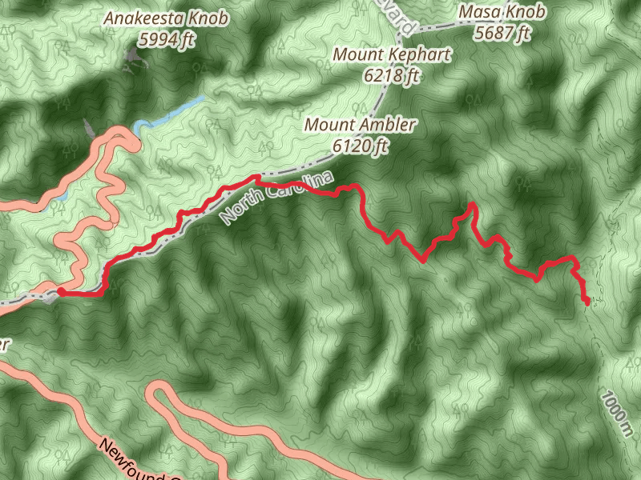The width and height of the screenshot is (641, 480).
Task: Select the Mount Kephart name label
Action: coord(392,55)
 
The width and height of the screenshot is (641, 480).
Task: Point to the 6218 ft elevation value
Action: coord(392,76)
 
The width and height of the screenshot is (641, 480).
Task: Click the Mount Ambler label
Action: coord(360,125)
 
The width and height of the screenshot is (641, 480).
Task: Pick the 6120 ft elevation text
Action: coord(360,146)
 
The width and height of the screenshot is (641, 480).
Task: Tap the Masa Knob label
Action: coord(502,12)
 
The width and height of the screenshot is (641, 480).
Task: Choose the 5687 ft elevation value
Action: coord(502,33)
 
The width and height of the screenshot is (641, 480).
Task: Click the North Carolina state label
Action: coord(276,197)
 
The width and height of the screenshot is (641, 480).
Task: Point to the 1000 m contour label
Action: coord(615,414)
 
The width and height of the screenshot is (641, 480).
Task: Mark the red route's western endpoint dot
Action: coord(61,292)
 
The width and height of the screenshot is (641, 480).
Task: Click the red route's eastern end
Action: coord(587,302)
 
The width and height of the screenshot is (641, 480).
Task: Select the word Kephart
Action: coord(415,55)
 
